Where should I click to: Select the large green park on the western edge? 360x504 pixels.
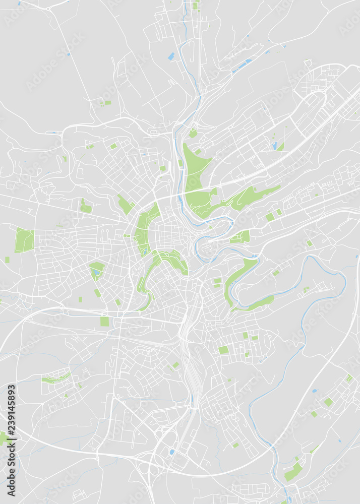pos(24,240)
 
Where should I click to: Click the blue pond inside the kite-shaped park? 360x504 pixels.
pos(95,273)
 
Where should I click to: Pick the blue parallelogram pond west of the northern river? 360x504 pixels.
pos(171,56)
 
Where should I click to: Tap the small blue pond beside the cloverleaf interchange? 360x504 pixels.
pos(172,452)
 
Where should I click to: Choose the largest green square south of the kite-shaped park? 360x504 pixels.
pos(104,321)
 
